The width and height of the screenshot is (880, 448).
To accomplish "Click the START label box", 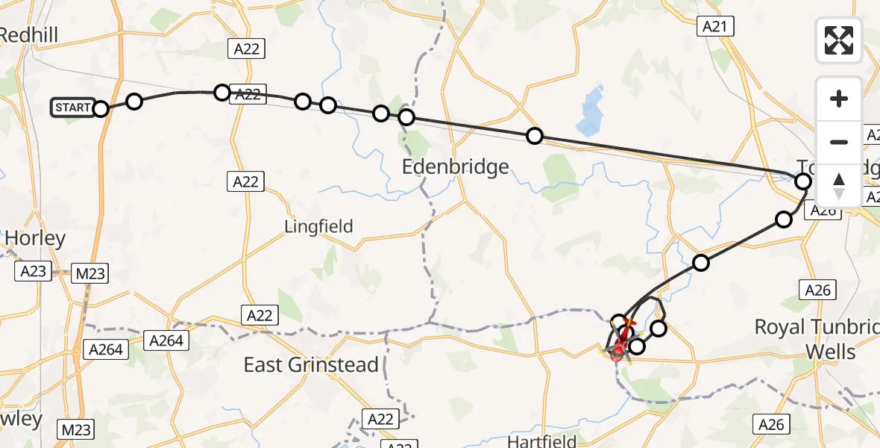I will (x=72, y=108).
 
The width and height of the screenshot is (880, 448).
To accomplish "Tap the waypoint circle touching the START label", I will (x=101, y=109).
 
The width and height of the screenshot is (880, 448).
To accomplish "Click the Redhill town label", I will (x=28, y=34).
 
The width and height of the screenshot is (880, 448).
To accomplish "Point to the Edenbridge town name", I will (x=455, y=166).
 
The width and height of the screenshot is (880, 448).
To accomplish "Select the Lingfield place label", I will (x=318, y=225).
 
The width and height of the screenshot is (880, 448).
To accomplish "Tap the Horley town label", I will (x=35, y=238).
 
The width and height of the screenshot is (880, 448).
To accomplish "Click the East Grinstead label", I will (x=312, y=365).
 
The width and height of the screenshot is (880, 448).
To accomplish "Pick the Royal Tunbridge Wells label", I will (x=817, y=338).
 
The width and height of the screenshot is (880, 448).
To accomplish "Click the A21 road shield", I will (x=716, y=27).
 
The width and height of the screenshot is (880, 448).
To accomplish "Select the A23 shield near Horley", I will (x=34, y=272).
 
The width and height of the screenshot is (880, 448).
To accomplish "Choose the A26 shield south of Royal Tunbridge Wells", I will (x=771, y=424).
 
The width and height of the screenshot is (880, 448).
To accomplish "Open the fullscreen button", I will (x=839, y=40).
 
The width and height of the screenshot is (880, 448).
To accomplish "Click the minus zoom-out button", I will (x=839, y=142).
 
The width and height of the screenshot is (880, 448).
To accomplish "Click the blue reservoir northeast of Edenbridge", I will (x=592, y=107).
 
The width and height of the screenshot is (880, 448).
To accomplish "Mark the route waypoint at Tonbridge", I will (x=803, y=181).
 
